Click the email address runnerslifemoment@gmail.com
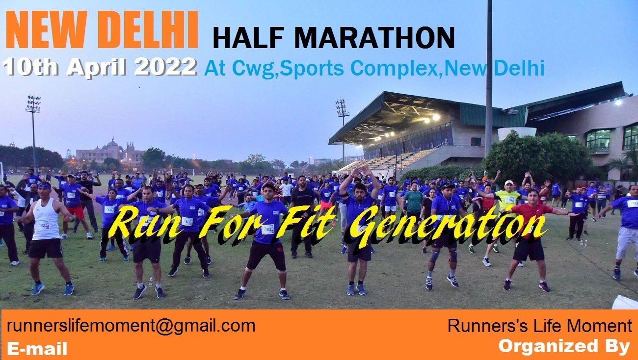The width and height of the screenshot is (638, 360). coord(131,326)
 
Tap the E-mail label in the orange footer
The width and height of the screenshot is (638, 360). coord(37,349)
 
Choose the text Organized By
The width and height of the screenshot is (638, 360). coord(564,346)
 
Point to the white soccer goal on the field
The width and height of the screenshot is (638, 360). coord(182,172)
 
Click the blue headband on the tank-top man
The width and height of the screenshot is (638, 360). coord(45,186)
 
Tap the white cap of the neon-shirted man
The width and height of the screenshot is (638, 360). coord(508,183)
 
